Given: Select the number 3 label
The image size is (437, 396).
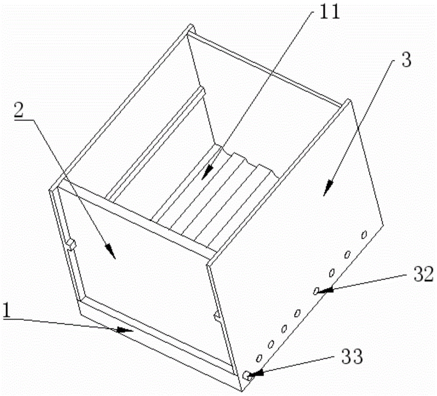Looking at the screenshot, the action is [x=406, y=60].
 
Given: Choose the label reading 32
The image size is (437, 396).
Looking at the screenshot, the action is [x=423, y=274].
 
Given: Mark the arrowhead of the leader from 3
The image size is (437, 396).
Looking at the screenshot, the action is [x=329, y=188].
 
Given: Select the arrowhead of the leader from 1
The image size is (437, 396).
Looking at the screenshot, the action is [x=125, y=330].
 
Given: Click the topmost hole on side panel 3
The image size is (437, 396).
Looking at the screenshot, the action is [x=364, y=235].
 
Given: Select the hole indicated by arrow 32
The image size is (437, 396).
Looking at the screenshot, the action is [x=316, y=291].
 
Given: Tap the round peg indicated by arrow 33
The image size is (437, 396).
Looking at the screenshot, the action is [x=246, y=375].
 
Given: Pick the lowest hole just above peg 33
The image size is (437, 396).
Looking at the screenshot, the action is [x=259, y=358].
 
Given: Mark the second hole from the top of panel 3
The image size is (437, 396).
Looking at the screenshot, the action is [x=347, y=254].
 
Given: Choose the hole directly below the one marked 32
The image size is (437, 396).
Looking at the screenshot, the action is [x=298, y=313].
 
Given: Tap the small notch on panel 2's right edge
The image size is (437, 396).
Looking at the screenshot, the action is [x=218, y=317].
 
